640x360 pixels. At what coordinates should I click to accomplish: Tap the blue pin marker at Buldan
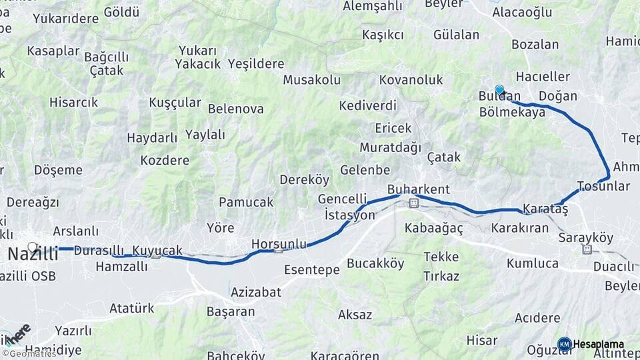click(x=499, y=90)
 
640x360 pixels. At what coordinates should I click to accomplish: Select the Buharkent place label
click(x=419, y=189)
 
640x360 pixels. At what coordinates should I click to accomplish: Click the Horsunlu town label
click(x=279, y=245)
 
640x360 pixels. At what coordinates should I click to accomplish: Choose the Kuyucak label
click(x=157, y=251)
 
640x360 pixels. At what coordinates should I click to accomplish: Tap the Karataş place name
click(x=545, y=209)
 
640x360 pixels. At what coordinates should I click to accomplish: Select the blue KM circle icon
click(x=565, y=345)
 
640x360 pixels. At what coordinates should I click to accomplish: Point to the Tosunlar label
click(x=603, y=185)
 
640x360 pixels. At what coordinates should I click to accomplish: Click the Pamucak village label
click(x=246, y=202)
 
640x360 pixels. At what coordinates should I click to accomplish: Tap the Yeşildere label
click(x=256, y=65)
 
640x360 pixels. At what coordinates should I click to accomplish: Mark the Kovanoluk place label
click(x=411, y=80)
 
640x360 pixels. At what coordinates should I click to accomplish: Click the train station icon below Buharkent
click(x=413, y=202)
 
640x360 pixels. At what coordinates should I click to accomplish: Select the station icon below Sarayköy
click(x=587, y=250)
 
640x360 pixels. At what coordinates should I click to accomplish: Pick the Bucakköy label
click(x=376, y=263)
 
